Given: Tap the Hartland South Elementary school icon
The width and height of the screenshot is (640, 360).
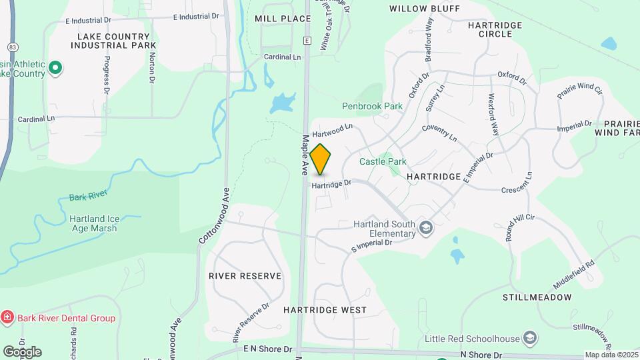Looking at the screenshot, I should [x=425, y=229].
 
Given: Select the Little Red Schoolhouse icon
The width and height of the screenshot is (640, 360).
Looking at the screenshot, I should [x=530, y=338].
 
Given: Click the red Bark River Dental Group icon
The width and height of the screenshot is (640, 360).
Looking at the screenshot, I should [x=7, y=318].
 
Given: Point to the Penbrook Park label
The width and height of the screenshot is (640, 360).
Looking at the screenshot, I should [x=373, y=106].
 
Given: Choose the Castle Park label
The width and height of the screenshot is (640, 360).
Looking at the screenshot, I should [x=383, y=161].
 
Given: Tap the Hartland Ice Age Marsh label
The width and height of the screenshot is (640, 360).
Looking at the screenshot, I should [x=93, y=223].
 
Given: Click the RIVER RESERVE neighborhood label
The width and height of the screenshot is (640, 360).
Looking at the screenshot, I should [x=245, y=275].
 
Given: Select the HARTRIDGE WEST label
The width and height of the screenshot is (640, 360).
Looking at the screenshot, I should [x=325, y=310].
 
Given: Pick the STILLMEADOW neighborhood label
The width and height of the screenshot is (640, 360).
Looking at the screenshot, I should [x=537, y=297].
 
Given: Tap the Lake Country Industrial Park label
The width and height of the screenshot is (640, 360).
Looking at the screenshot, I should [x=113, y=40].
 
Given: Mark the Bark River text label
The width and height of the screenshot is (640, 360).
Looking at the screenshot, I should [x=87, y=198].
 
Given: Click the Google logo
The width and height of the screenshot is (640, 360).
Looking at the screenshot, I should [x=22, y=352].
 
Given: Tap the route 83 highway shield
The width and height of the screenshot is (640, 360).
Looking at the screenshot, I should [x=13, y=47].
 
